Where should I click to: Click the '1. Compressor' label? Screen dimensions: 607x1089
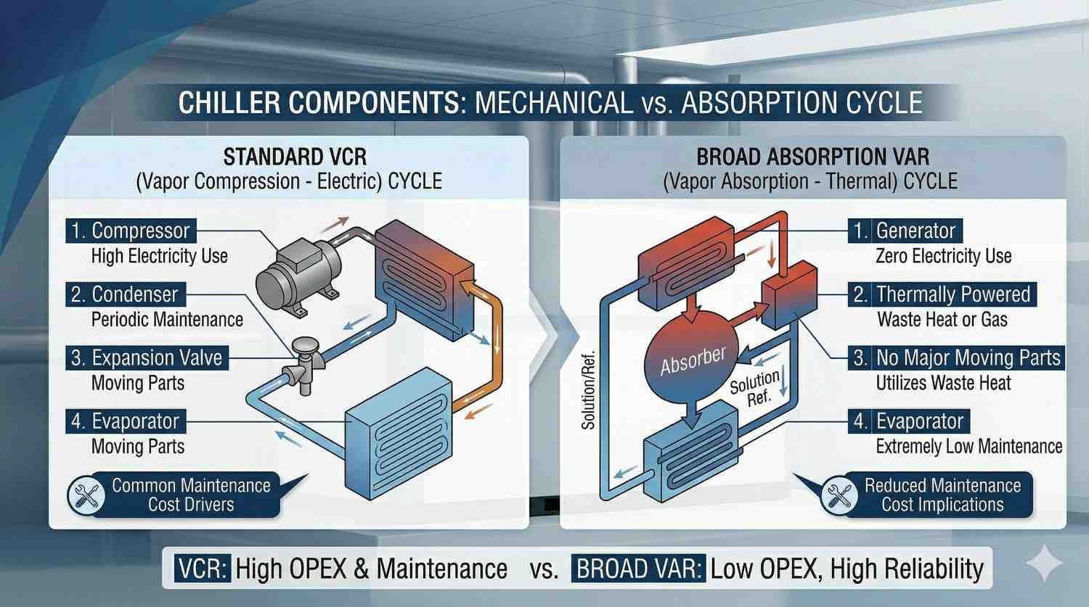131,231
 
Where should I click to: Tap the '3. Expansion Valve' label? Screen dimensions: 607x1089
147,358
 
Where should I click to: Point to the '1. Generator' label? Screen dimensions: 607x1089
905,231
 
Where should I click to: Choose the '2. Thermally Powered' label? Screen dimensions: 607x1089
942,294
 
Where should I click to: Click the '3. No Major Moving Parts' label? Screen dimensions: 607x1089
957,358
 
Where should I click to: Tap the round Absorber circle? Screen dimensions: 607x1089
692,360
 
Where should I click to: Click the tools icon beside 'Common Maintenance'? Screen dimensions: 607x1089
86,495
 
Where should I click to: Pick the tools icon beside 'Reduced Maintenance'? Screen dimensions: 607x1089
839,495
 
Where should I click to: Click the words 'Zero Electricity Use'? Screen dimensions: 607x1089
943,256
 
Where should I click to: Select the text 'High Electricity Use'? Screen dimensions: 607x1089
160,256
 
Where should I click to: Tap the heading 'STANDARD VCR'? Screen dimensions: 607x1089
295,157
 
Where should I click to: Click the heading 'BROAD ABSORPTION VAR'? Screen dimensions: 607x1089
813,157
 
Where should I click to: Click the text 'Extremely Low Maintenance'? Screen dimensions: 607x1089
968,447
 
